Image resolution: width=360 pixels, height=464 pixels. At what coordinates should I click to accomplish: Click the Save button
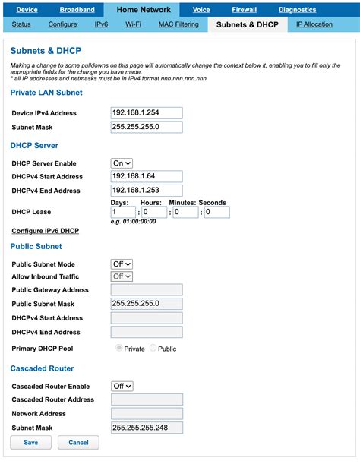[31, 442]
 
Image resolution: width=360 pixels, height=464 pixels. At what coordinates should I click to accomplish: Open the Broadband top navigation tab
[77, 10]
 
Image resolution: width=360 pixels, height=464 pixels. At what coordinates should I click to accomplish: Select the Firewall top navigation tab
[245, 10]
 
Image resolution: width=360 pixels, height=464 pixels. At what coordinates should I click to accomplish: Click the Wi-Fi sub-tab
[133, 24]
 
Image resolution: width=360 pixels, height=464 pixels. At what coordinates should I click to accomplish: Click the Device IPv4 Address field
[147, 113]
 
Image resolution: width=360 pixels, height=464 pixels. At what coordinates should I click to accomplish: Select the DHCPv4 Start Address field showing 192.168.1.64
[147, 176]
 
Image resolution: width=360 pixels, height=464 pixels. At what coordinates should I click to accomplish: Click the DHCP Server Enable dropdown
[122, 163]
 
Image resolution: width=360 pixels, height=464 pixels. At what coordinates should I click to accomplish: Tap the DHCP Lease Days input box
[123, 213]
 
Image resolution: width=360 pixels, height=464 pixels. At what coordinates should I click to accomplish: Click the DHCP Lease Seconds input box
[216, 213]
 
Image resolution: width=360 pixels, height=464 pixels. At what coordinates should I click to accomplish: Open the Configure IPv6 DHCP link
[45, 230]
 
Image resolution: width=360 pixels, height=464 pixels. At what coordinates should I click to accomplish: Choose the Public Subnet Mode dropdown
[122, 264]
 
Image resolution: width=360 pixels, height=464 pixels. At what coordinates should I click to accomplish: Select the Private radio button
[118, 349]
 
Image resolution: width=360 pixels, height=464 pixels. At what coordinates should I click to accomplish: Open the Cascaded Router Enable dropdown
[122, 386]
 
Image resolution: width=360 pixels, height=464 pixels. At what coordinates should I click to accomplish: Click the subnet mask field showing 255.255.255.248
[147, 428]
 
